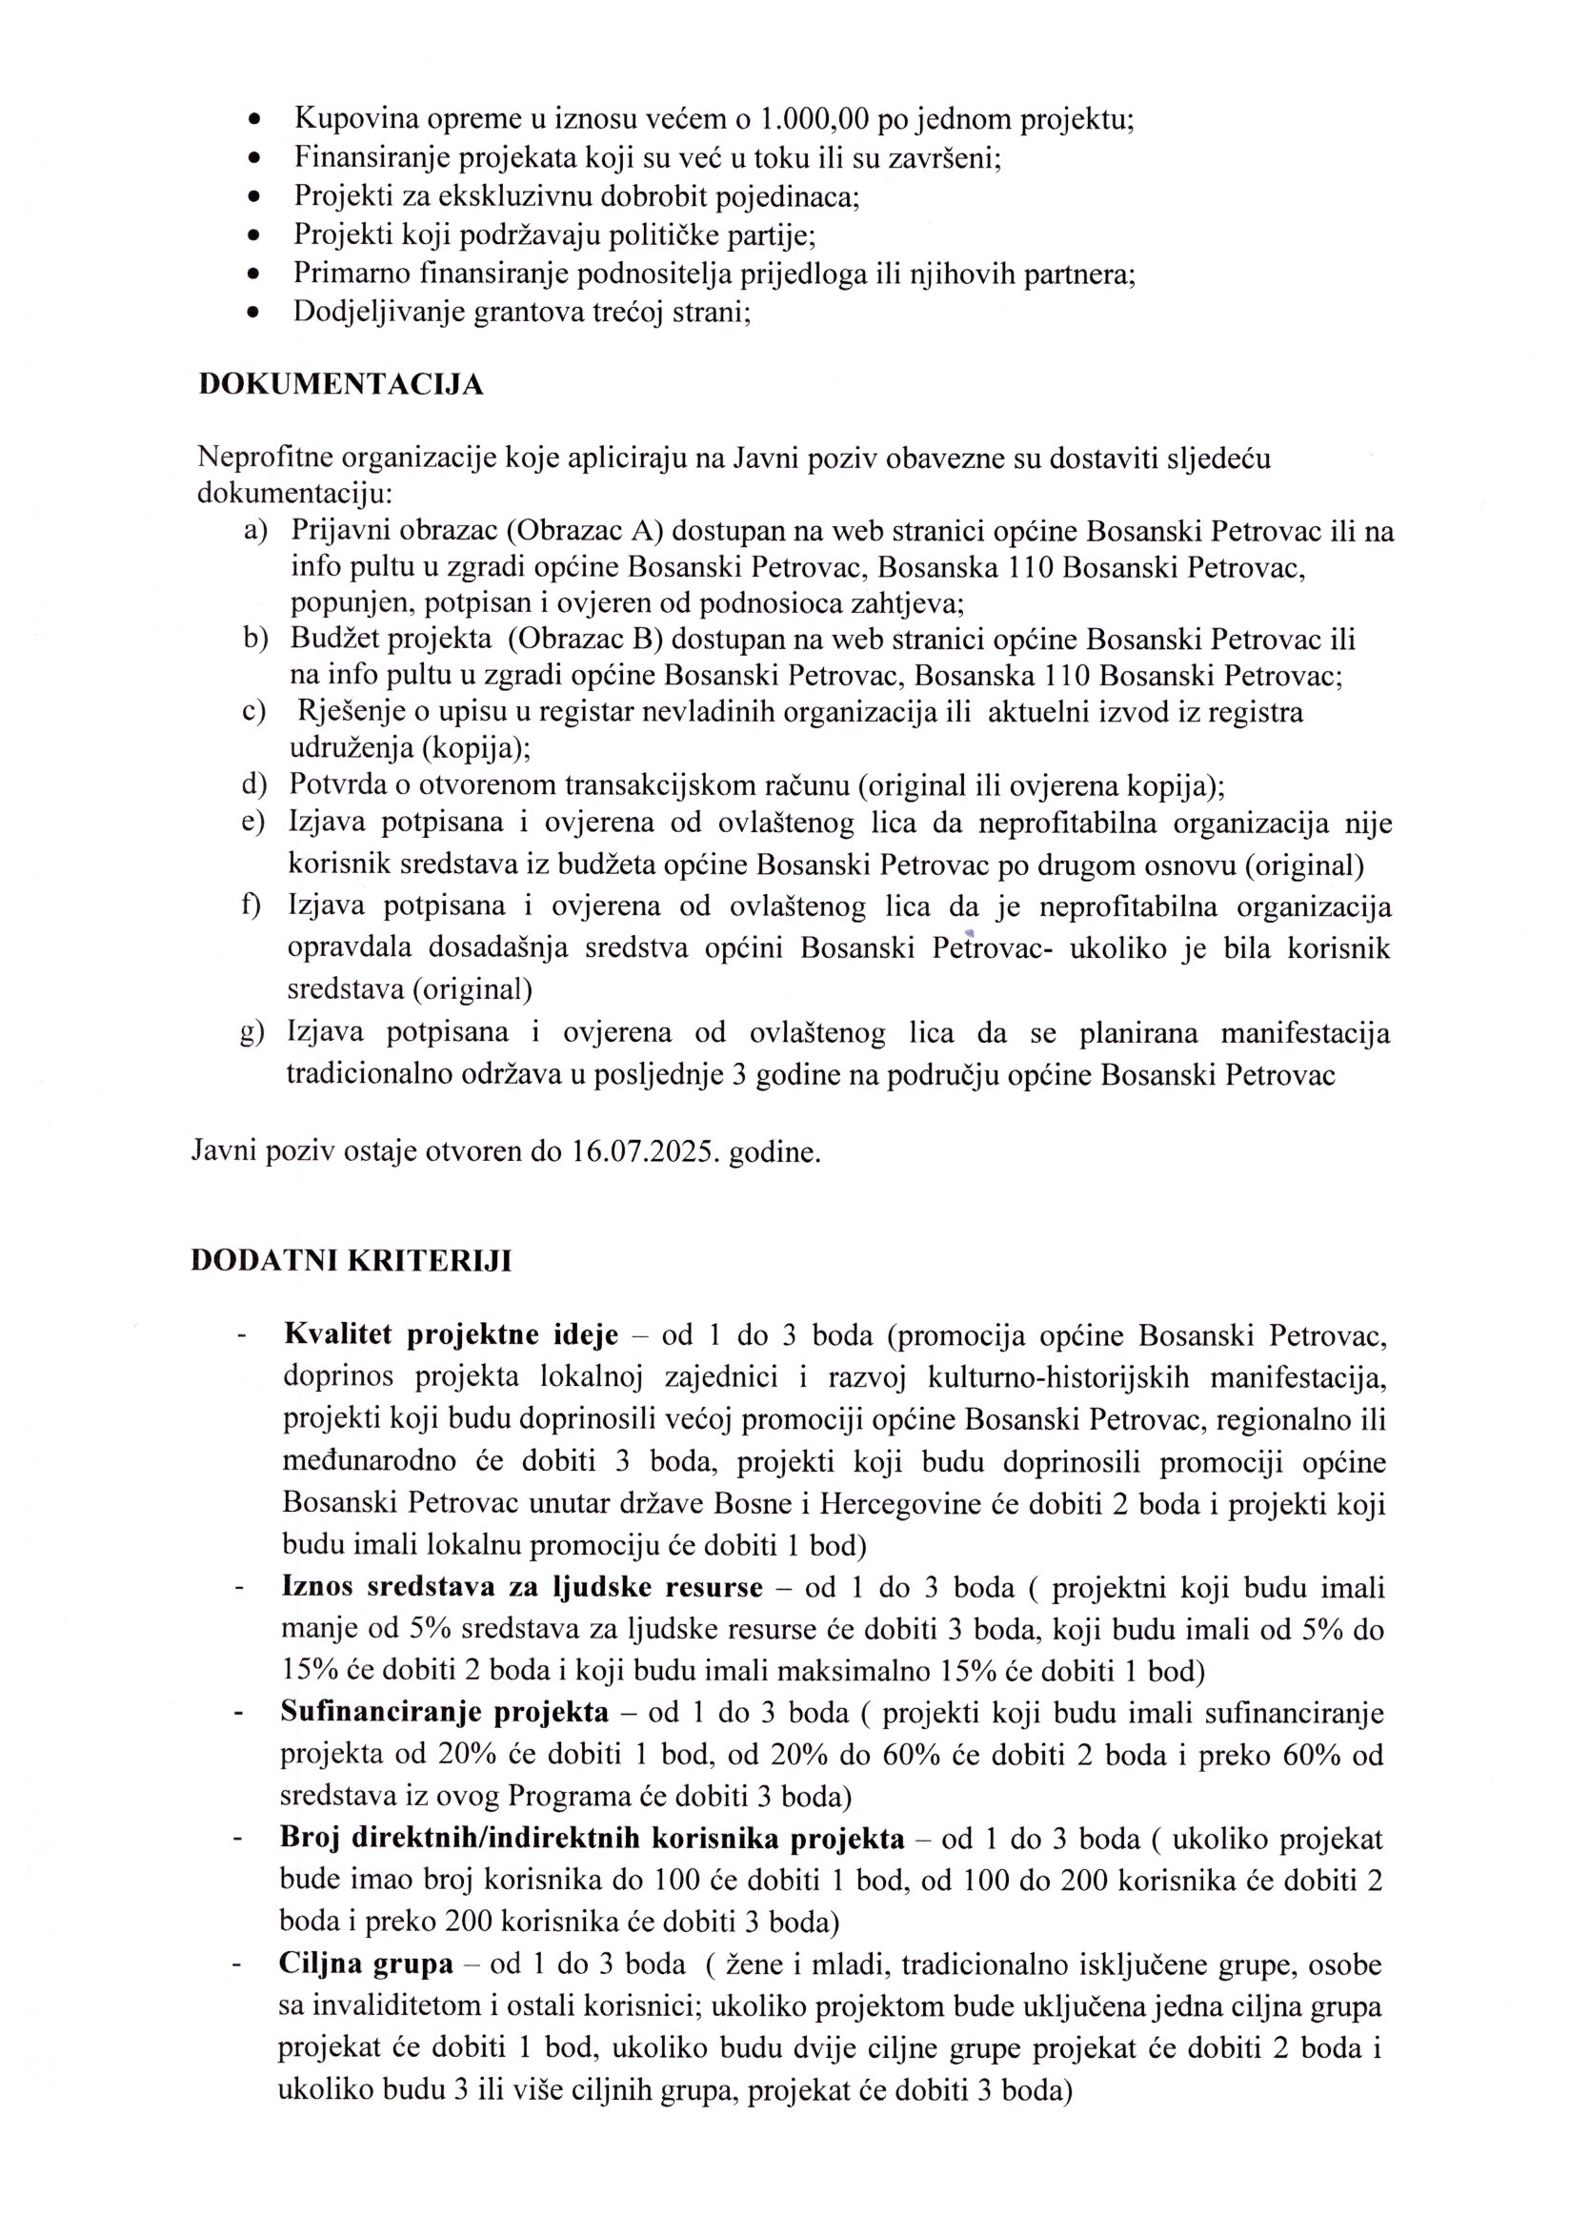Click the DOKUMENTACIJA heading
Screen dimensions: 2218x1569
click(341, 385)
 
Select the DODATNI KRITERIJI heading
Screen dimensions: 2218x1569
click(352, 1261)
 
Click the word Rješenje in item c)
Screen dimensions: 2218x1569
click(346, 712)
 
